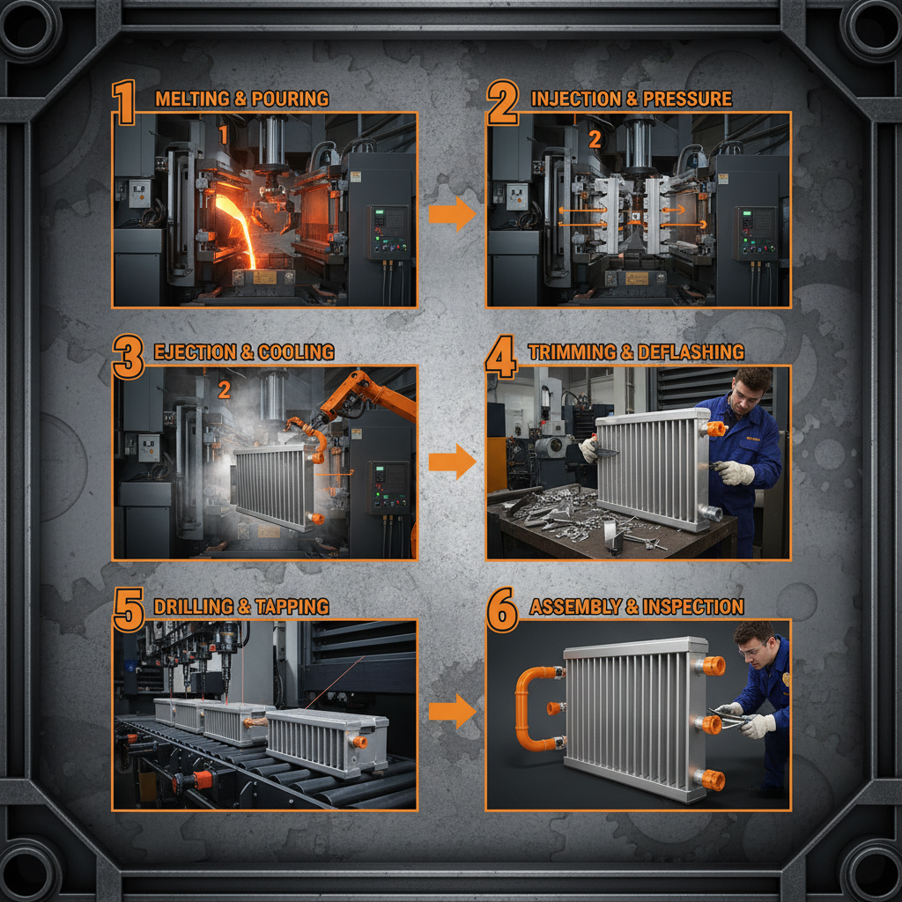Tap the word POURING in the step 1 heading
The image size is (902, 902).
290,99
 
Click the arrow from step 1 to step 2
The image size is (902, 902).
452,213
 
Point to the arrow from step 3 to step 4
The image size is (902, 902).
452,462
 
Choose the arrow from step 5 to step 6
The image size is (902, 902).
452,710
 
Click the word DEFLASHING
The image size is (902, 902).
692,352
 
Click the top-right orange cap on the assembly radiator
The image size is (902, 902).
712,666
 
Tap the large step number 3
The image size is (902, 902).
128,357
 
